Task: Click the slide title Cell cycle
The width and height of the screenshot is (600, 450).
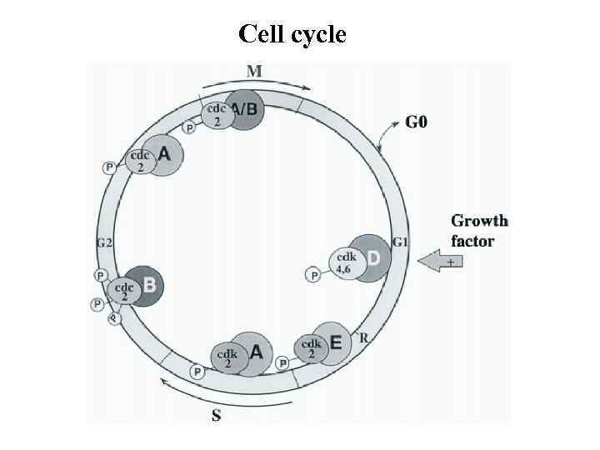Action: [x=292, y=34]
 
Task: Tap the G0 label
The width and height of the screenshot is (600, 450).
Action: [x=417, y=123]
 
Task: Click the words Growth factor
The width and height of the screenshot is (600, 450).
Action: [x=479, y=231]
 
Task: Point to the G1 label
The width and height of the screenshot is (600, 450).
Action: [x=401, y=242]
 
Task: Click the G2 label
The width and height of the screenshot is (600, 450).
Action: [x=104, y=243]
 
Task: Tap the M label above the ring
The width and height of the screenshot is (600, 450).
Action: [x=254, y=72]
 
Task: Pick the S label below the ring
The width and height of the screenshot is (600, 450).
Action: [x=217, y=414]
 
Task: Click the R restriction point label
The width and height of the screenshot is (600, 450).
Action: [x=363, y=337]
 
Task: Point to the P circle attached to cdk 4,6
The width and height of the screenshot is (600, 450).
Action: [x=313, y=274]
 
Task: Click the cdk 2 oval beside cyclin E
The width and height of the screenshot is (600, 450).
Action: [x=312, y=348]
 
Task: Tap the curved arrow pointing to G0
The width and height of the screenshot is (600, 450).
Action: [x=387, y=133]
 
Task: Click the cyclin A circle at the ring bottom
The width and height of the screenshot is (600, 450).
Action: [x=252, y=352]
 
